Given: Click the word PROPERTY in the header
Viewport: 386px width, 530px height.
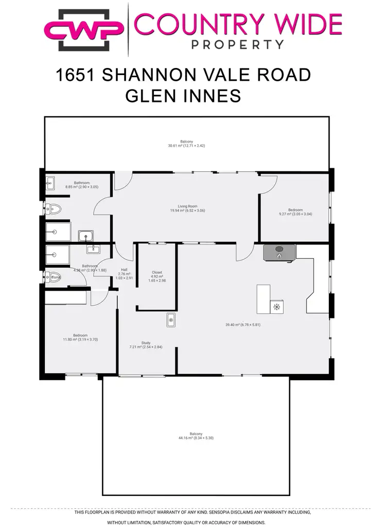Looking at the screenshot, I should point(237,45).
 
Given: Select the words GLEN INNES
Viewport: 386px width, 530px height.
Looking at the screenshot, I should point(183,96).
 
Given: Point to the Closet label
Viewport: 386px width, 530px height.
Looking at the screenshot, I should point(157,272).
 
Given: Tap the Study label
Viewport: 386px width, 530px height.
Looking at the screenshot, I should point(146,342).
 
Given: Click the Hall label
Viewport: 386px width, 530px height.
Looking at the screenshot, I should point(124,270).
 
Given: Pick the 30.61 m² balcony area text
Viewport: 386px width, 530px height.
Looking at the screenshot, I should point(186,146).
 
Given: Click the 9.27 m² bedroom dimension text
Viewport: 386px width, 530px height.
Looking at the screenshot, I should point(295,214).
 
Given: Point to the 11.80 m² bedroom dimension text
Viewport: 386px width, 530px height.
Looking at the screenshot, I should point(80,339).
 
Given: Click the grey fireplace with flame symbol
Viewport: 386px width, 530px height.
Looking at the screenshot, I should point(279,253).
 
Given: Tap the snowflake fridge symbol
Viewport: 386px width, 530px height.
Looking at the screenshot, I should point(277,307).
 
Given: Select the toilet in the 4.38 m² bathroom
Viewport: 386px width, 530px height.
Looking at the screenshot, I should point(54,277).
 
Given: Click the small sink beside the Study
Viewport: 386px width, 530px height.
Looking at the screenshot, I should point(171,320).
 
